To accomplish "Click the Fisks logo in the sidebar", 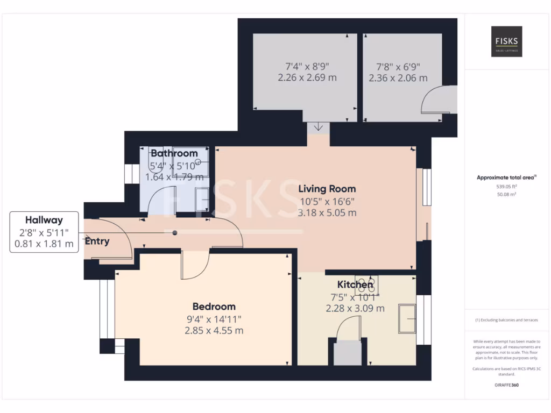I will [506, 41].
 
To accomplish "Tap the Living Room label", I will [328, 189].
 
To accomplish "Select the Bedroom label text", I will [214, 307].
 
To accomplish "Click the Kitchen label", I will [355, 284].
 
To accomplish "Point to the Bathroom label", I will [174, 153].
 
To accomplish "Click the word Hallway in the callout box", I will [44, 220].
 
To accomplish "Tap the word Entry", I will [97, 241].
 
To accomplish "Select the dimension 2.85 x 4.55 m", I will [214, 330].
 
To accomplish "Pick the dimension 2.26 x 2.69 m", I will [307, 77].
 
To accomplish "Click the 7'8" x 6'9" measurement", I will [398, 67].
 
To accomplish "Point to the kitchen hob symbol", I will [367, 284].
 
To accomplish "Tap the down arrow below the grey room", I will [318, 127].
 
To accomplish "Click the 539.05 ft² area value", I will [506, 186].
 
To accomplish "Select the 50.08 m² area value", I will [506, 194].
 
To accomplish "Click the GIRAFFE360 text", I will [506, 385].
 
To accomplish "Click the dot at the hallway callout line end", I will [174, 233].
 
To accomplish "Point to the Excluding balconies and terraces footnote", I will [506, 320].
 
